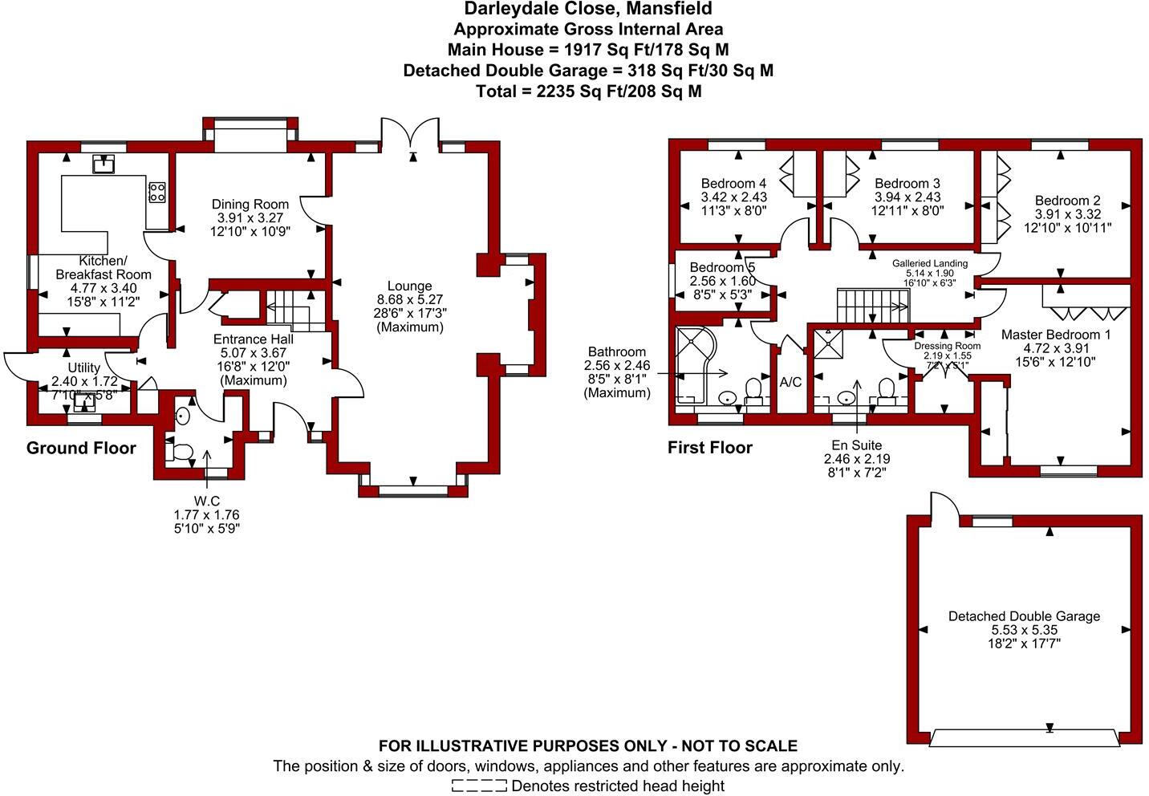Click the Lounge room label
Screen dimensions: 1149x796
[409, 286]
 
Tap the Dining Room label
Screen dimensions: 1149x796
[250, 205]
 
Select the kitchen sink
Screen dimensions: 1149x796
[103, 164]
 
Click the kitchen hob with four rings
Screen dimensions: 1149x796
[157, 193]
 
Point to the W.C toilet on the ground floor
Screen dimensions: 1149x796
[180, 452]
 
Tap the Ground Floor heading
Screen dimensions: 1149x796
[81, 448]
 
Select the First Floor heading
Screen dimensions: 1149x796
[710, 448]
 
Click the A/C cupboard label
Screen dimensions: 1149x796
[790, 382]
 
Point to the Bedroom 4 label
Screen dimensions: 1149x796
[733, 184]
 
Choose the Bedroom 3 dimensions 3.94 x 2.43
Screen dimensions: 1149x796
[907, 197]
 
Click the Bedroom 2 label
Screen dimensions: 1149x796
[1067, 201]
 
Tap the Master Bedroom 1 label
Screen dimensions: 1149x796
[1056, 335]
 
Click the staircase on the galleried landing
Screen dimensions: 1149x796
[874, 304]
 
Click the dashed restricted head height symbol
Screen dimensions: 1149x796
[479, 786]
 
